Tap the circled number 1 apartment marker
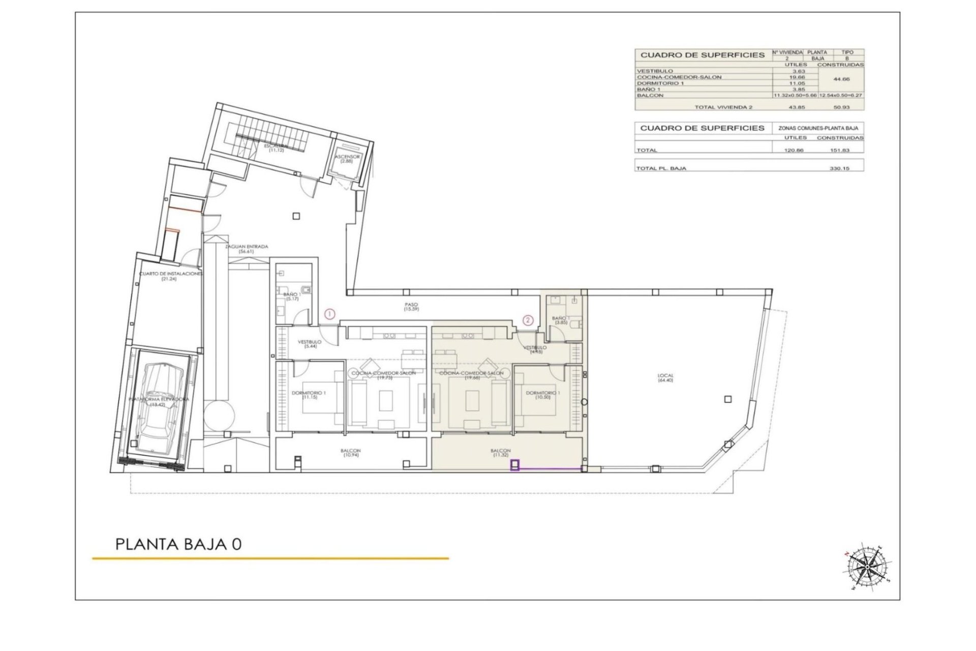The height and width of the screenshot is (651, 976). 330,314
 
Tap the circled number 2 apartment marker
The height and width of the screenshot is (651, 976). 529,320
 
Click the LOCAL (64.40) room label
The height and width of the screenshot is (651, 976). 665,378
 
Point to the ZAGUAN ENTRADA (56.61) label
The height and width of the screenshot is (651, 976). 247,249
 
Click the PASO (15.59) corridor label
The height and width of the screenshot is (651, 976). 411,307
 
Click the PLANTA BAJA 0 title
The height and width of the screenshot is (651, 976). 178,544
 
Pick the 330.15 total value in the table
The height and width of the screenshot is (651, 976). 839,168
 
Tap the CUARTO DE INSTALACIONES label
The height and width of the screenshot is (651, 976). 170,276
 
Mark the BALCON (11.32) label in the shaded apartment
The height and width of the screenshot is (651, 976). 501,453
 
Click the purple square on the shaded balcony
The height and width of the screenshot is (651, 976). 515,465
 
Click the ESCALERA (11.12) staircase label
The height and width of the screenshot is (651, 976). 277,148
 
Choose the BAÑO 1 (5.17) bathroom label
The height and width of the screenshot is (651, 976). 292,297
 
